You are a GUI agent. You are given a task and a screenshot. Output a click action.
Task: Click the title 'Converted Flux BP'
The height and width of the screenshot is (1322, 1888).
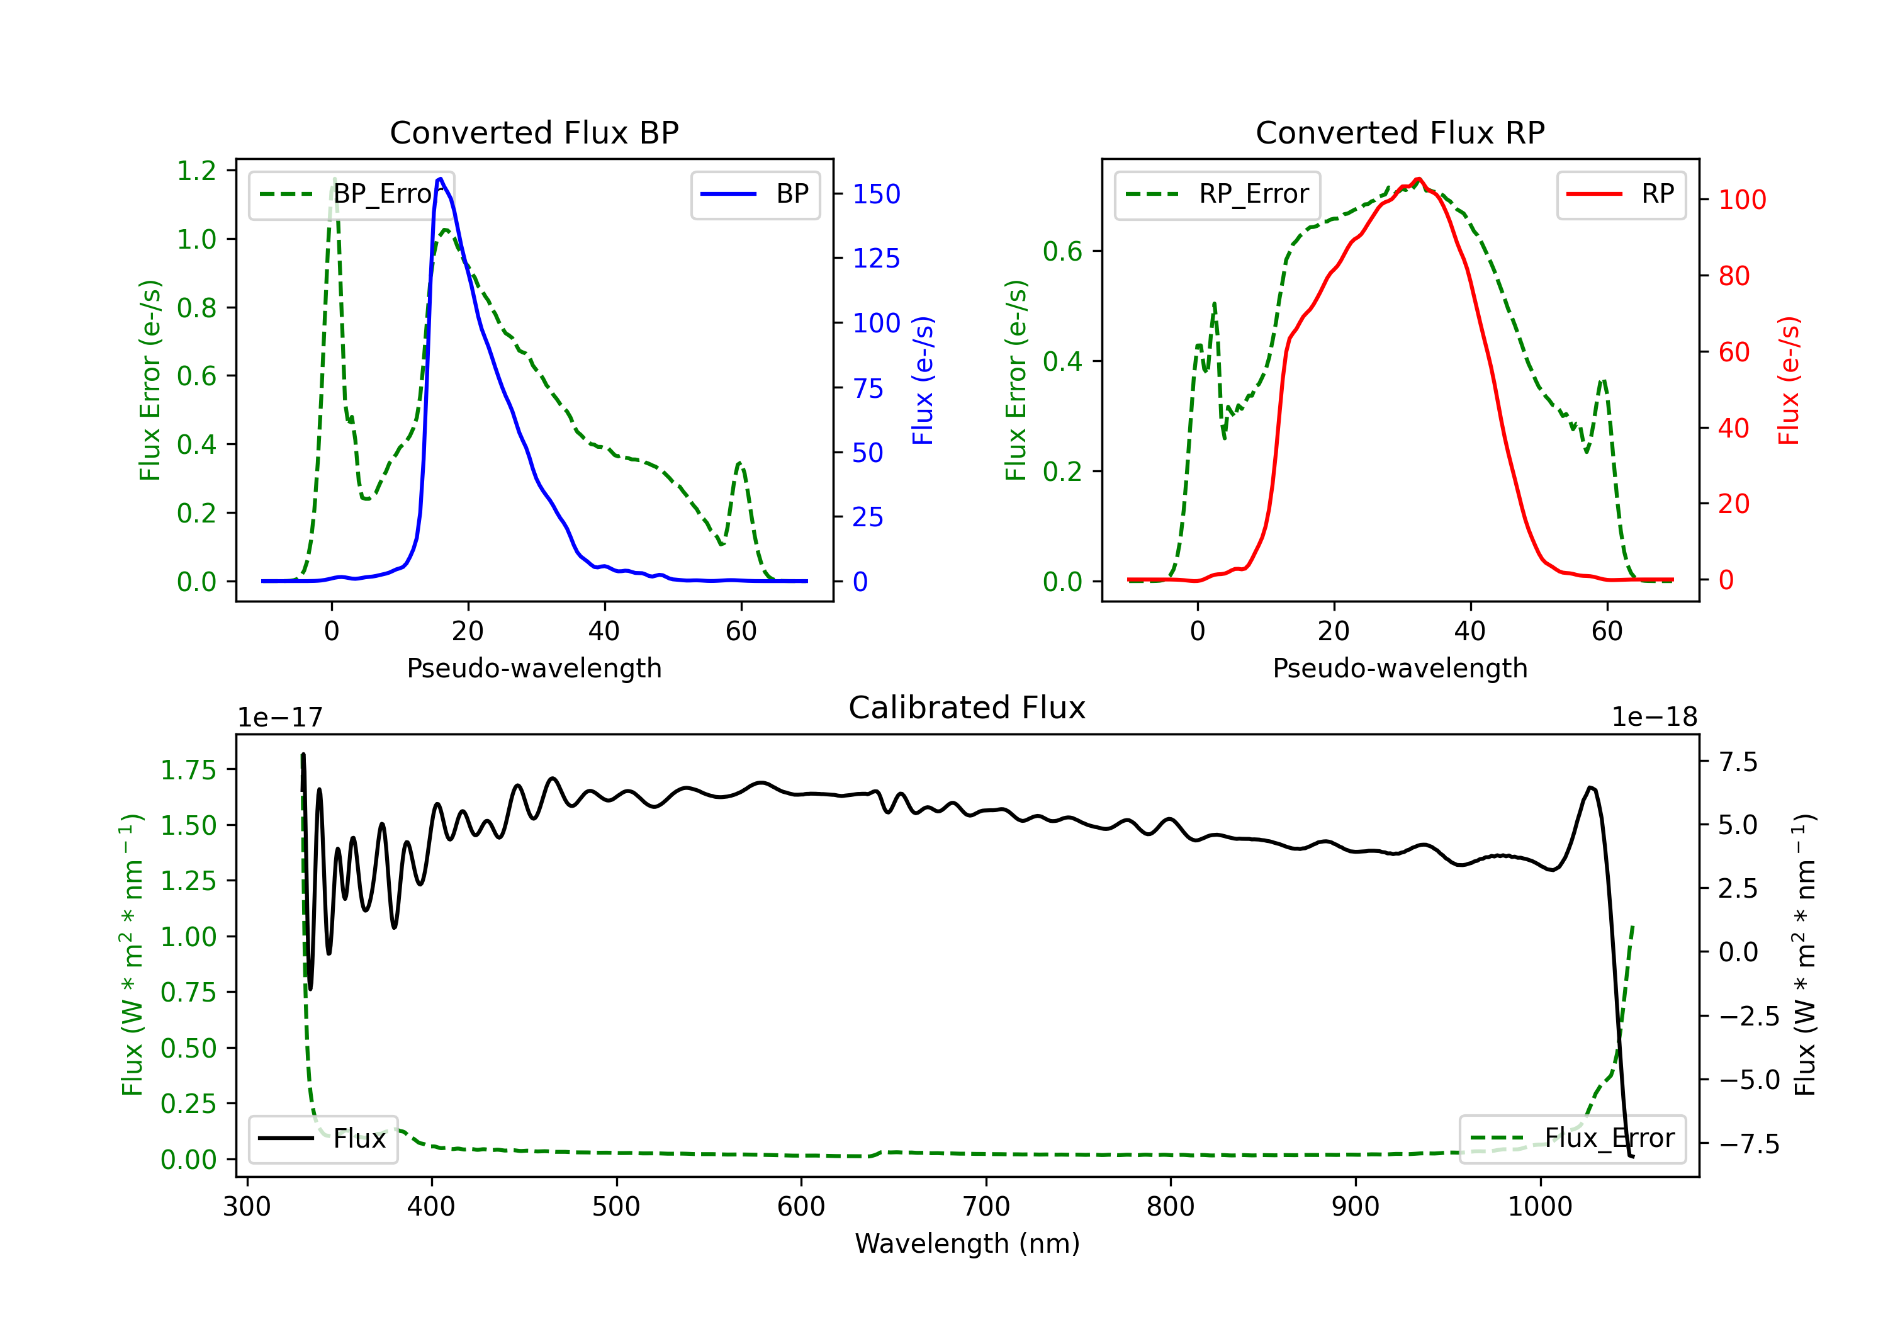(534, 132)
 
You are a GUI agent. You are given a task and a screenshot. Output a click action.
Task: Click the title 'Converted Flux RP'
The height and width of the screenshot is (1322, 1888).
(1400, 132)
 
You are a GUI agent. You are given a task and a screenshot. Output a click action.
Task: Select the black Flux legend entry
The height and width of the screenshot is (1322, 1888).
(323, 1139)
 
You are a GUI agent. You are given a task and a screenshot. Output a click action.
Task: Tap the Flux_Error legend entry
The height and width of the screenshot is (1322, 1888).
(1572, 1139)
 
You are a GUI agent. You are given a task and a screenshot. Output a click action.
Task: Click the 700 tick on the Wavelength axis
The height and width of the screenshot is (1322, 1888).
(986, 1207)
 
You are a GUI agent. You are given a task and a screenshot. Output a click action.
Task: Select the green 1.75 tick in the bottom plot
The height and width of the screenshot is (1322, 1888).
(188, 770)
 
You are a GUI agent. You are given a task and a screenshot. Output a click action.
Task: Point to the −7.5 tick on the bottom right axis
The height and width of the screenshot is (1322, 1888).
(1748, 1144)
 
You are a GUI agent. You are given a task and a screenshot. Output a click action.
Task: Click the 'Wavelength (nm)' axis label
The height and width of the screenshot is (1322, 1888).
(967, 1243)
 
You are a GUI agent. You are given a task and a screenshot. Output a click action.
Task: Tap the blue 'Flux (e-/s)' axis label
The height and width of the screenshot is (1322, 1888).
(923, 381)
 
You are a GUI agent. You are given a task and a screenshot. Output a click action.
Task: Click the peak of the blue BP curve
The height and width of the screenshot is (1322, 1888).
(441, 179)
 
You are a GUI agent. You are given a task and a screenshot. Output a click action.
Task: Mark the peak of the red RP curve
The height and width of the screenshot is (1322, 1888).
(1419, 179)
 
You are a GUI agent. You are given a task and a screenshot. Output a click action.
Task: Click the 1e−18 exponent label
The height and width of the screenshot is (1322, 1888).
(1655, 718)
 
